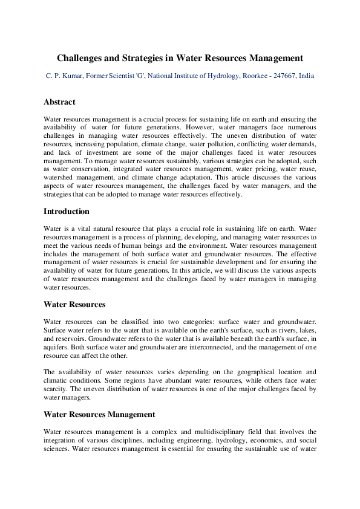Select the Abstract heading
(x=59, y=102)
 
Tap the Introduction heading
(x=67, y=212)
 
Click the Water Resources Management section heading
(x=99, y=415)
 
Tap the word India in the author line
(x=306, y=76)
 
